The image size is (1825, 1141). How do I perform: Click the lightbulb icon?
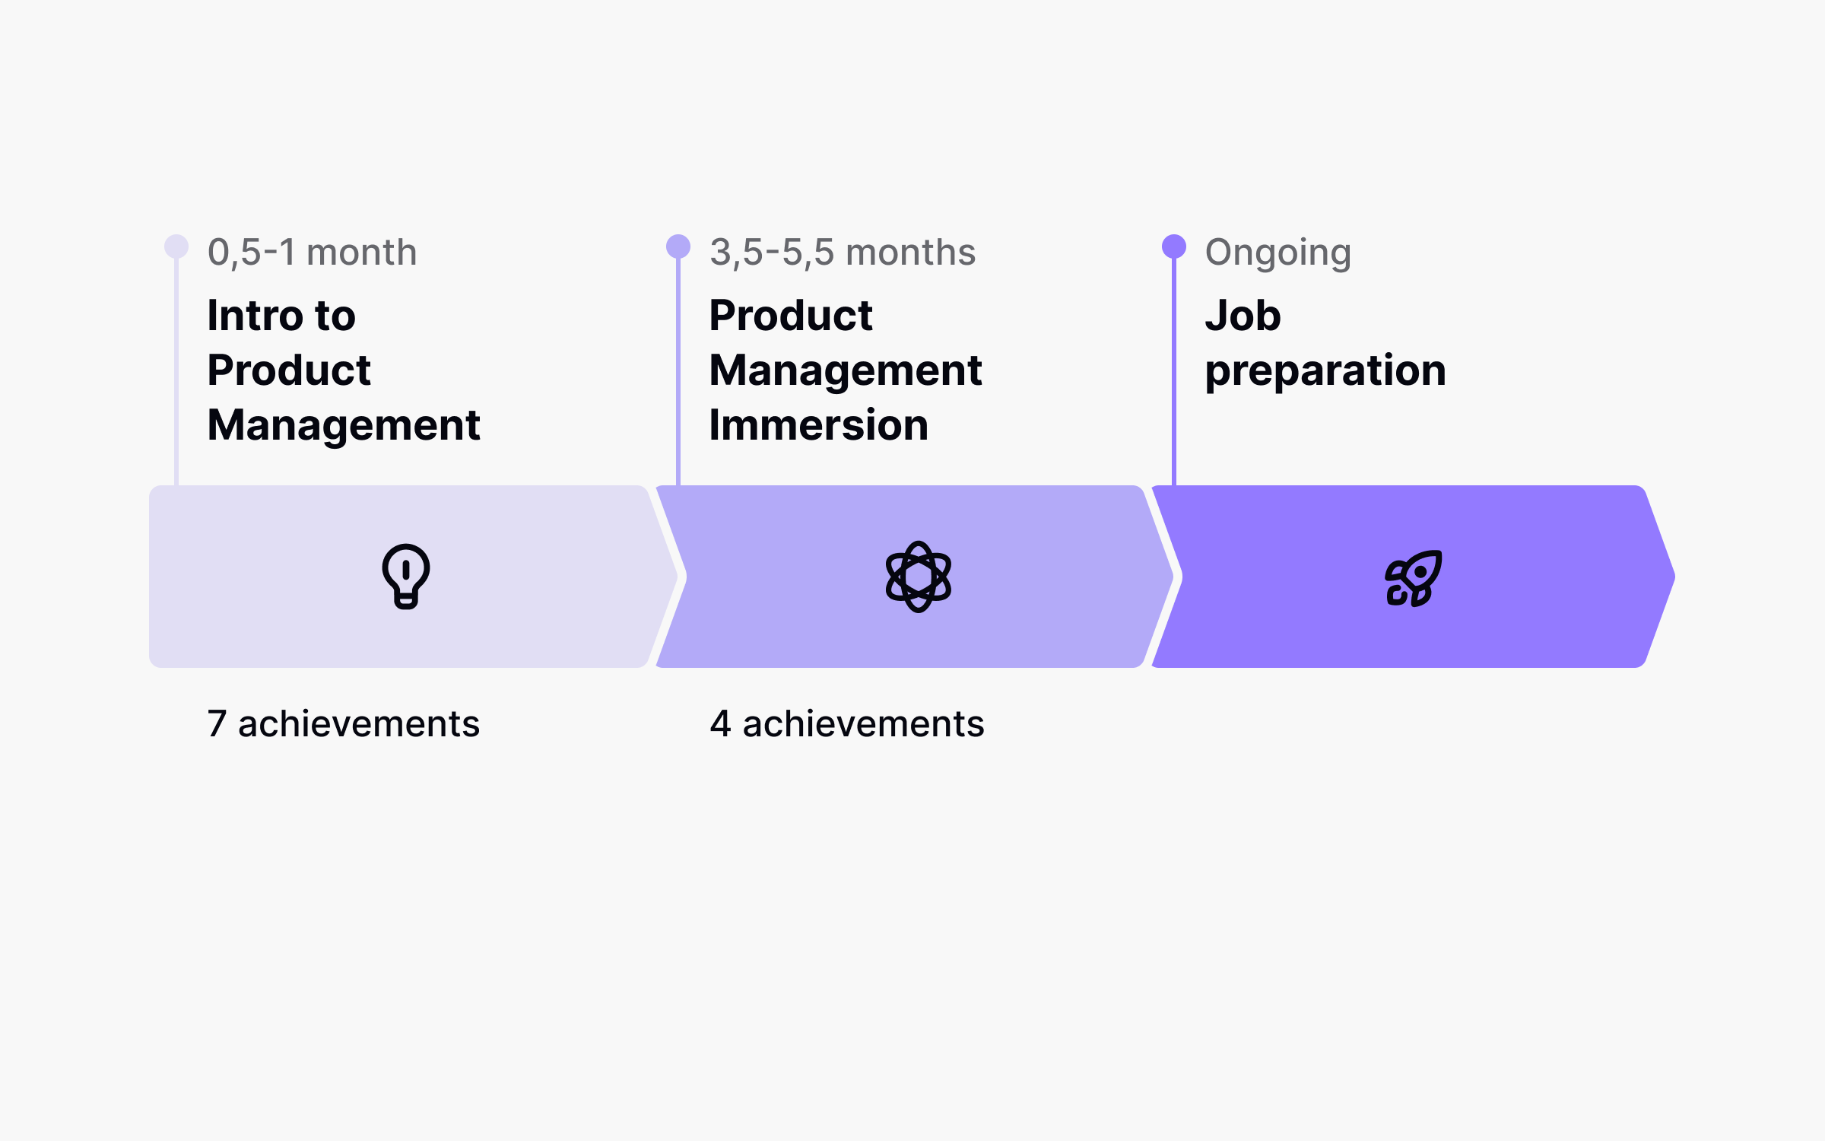pyautogui.click(x=406, y=576)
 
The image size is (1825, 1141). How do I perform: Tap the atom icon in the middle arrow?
pyautogui.click(x=919, y=577)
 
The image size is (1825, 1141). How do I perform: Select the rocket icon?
pyautogui.click(x=1413, y=578)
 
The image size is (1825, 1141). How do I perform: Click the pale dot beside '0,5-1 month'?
pyautogui.click(x=176, y=246)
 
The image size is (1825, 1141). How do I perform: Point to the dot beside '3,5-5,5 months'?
pyautogui.click(x=678, y=246)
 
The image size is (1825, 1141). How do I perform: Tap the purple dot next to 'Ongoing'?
pyautogui.click(x=1174, y=246)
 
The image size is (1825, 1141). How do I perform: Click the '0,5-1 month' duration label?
pyautogui.click(x=312, y=253)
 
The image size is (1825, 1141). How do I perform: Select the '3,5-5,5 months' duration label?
pyautogui.click(x=843, y=253)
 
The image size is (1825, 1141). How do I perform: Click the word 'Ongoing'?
pyautogui.click(x=1278, y=253)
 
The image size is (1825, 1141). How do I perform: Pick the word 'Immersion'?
pyautogui.click(x=818, y=425)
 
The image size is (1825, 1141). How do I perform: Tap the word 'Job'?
pyautogui.click(x=1243, y=316)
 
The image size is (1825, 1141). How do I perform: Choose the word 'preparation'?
pyautogui.click(x=1325, y=372)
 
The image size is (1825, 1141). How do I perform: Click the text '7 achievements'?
pyautogui.click(x=344, y=723)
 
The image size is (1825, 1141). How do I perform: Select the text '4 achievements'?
pyautogui.click(x=847, y=723)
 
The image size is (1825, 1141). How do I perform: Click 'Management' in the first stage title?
pyautogui.click(x=344, y=425)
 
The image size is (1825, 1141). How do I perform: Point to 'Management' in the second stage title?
pyautogui.click(x=846, y=371)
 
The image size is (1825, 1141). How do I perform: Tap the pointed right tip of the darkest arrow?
pyautogui.click(x=1671, y=577)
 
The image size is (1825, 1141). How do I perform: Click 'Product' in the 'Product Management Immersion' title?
pyautogui.click(x=791, y=316)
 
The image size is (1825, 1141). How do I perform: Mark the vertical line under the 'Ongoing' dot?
pyautogui.click(x=1174, y=373)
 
